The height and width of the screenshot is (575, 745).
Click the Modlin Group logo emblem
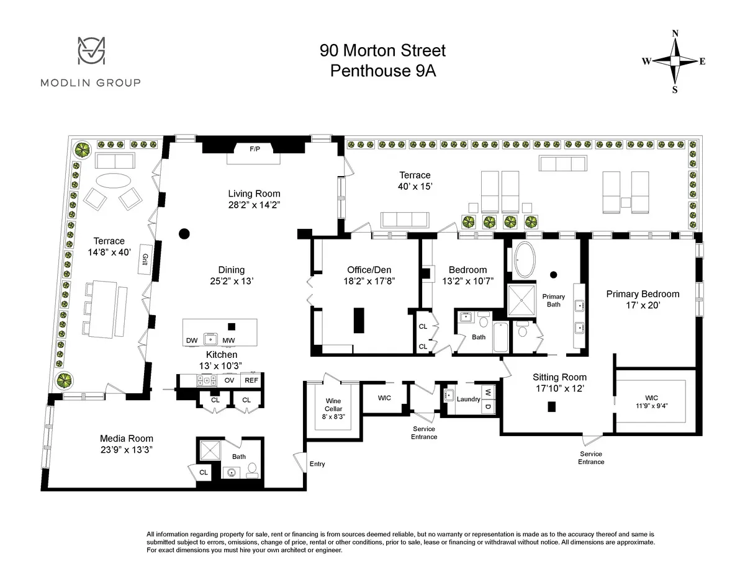(91, 51)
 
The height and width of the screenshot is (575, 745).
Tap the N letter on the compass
(675, 33)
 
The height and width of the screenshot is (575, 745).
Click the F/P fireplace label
(255, 149)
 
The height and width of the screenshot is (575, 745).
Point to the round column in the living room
(184, 234)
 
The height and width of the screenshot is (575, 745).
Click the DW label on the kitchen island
(192, 341)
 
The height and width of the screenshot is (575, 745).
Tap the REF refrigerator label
(251, 380)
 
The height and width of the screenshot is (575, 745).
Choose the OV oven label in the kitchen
(229, 380)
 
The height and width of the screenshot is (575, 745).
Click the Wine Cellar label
(333, 405)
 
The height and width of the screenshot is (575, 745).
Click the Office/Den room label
(363, 270)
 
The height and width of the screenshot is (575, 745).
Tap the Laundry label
(469, 399)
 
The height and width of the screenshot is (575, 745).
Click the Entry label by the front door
(317, 464)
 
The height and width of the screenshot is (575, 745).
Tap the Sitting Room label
(559, 377)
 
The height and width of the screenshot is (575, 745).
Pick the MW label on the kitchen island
(228, 341)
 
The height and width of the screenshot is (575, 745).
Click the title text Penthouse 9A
(383, 71)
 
